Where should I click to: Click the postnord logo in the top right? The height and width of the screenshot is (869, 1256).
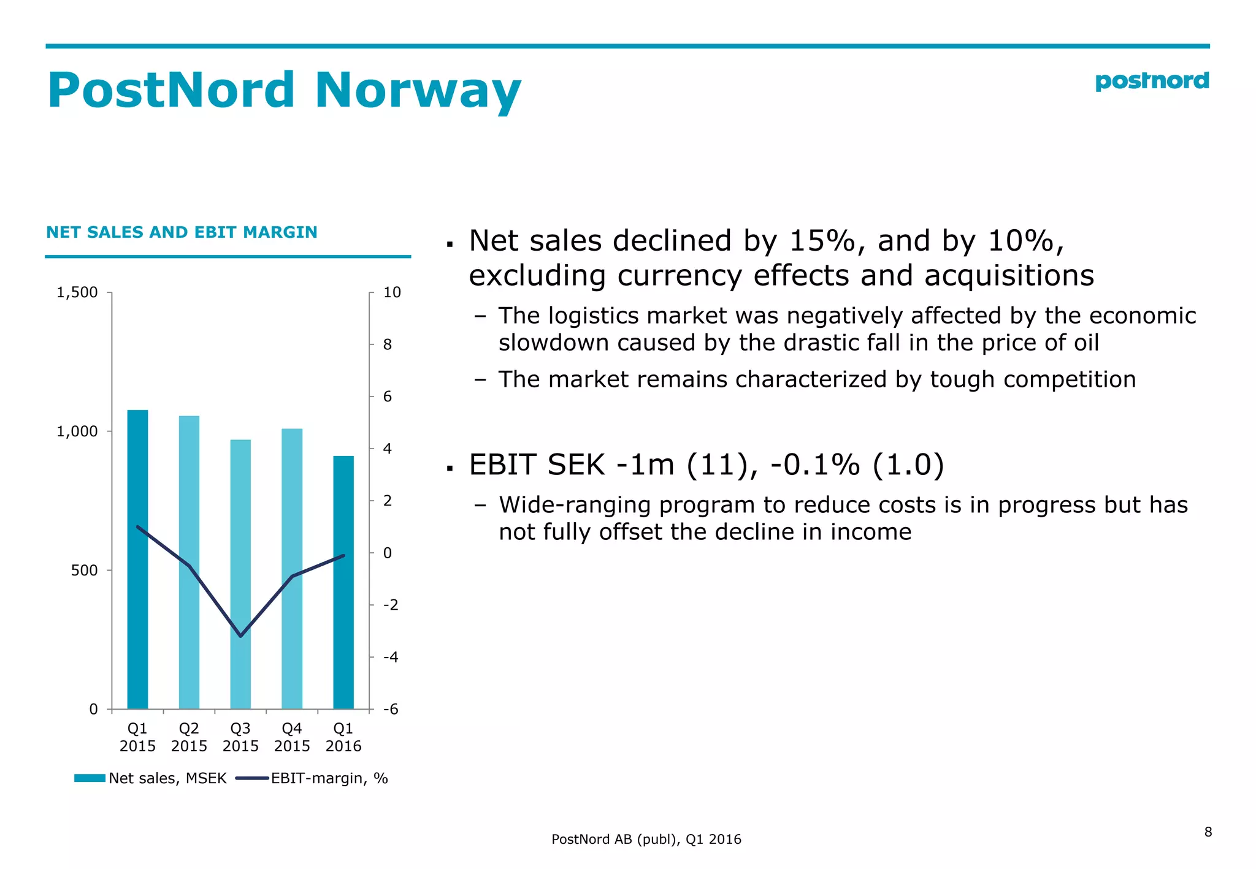tap(1151, 82)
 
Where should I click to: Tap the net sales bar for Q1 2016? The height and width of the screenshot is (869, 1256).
tap(343, 582)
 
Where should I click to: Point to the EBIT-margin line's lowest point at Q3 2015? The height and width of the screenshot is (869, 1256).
tap(240, 636)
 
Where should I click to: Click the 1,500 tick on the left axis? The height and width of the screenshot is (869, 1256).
tap(77, 292)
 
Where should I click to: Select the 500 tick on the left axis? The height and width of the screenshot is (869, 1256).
tap(84, 571)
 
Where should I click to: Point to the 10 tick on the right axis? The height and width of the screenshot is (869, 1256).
tap(392, 292)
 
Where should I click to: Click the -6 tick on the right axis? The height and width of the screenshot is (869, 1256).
tap(391, 709)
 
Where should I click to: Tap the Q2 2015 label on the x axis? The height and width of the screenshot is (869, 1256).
tap(189, 737)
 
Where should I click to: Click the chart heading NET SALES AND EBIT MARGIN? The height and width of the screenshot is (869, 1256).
tap(182, 232)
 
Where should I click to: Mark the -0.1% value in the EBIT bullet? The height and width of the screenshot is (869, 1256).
tap(815, 465)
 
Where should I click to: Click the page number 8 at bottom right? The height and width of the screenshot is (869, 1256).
tap(1208, 832)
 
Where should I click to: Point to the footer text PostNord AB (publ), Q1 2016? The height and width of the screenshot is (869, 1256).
tap(646, 839)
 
